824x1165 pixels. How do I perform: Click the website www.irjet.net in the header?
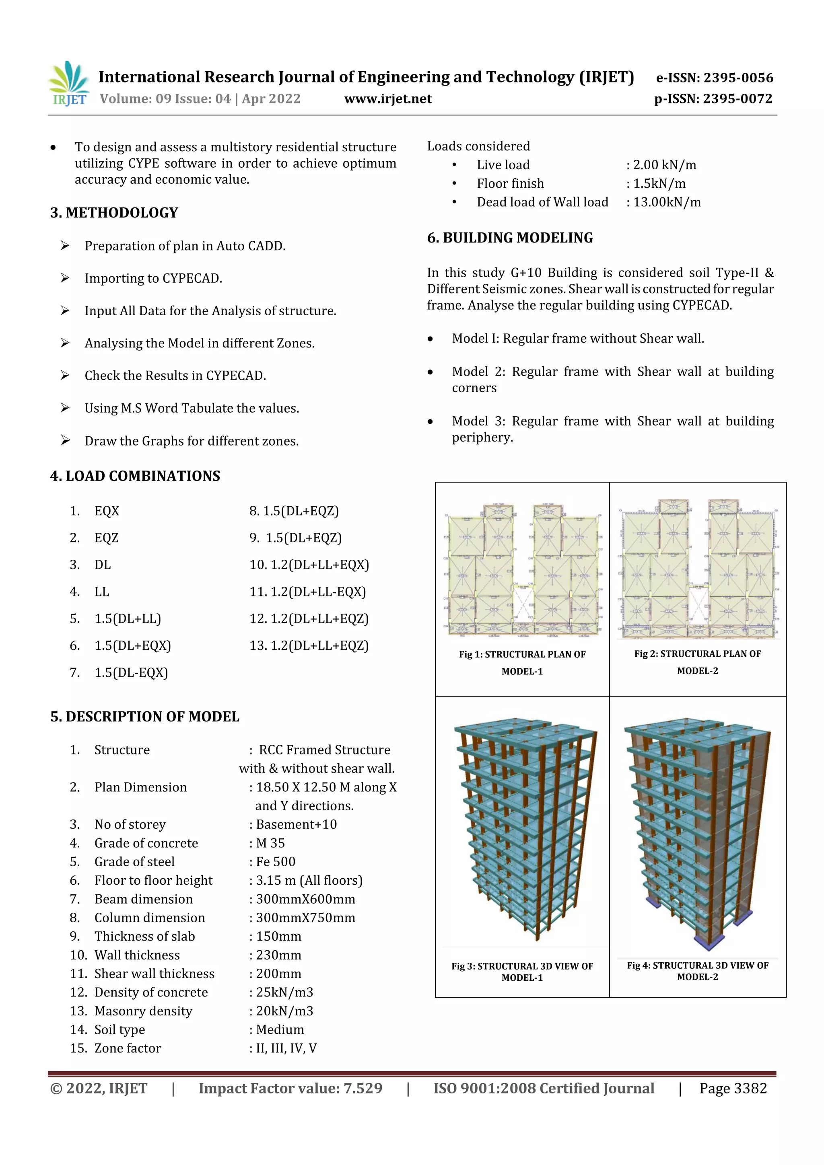pyautogui.click(x=388, y=99)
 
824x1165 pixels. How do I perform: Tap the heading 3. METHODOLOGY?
pyautogui.click(x=114, y=213)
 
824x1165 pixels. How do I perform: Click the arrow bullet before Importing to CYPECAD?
pyautogui.click(x=65, y=277)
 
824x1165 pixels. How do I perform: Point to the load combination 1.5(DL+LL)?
pyautogui.click(x=128, y=618)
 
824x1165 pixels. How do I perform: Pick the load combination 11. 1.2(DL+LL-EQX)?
pyautogui.click(x=308, y=592)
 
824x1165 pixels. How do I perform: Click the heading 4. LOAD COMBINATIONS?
pyautogui.click(x=135, y=476)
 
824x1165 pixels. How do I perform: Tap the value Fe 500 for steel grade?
pyautogui.click(x=275, y=861)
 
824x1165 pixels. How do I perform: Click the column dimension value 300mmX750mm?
pyautogui.click(x=305, y=917)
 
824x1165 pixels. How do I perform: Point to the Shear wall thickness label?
pyautogui.click(x=154, y=973)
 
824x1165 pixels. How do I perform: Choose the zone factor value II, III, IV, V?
pyautogui.click(x=286, y=1048)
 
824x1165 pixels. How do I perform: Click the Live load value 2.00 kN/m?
pyautogui.click(x=664, y=165)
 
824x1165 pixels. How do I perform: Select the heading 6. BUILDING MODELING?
pyautogui.click(x=510, y=238)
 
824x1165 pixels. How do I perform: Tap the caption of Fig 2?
pyautogui.click(x=698, y=662)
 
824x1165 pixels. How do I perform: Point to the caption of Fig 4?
pyautogui.click(x=698, y=971)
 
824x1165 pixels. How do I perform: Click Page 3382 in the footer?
pyautogui.click(x=733, y=1088)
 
